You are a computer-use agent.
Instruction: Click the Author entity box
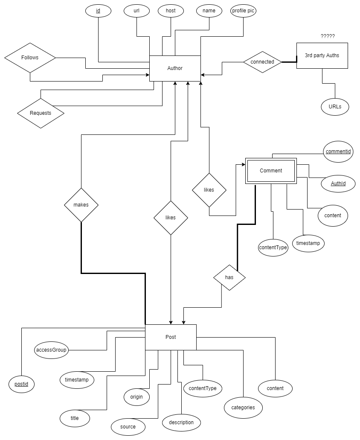pos(175,68)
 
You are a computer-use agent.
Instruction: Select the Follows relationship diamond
pos(30,58)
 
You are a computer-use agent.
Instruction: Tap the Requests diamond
pos(41,113)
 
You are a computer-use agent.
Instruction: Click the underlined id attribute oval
pos(98,11)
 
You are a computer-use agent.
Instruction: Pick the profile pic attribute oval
pos(244,11)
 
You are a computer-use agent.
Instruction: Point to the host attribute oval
pos(171,11)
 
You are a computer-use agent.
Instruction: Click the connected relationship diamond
pos(262,62)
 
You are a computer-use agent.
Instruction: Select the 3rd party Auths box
pos(322,55)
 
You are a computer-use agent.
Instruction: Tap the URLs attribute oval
pos(335,107)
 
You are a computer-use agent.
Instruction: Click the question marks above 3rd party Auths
pos(328,36)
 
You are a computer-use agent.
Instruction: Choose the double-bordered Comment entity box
pos(271,171)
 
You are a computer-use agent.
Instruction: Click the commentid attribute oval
pos(338,152)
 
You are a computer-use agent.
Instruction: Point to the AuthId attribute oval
pos(338,184)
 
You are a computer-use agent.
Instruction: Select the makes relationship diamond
pos(81,205)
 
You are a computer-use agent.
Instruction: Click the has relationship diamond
pos(229,277)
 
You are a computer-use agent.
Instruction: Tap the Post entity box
pos(171,337)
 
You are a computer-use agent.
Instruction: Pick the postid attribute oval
pos(21,384)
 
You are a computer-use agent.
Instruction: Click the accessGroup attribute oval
pos(51,350)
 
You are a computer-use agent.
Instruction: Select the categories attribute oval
pos(243,408)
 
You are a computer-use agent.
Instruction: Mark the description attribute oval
pos(181,423)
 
